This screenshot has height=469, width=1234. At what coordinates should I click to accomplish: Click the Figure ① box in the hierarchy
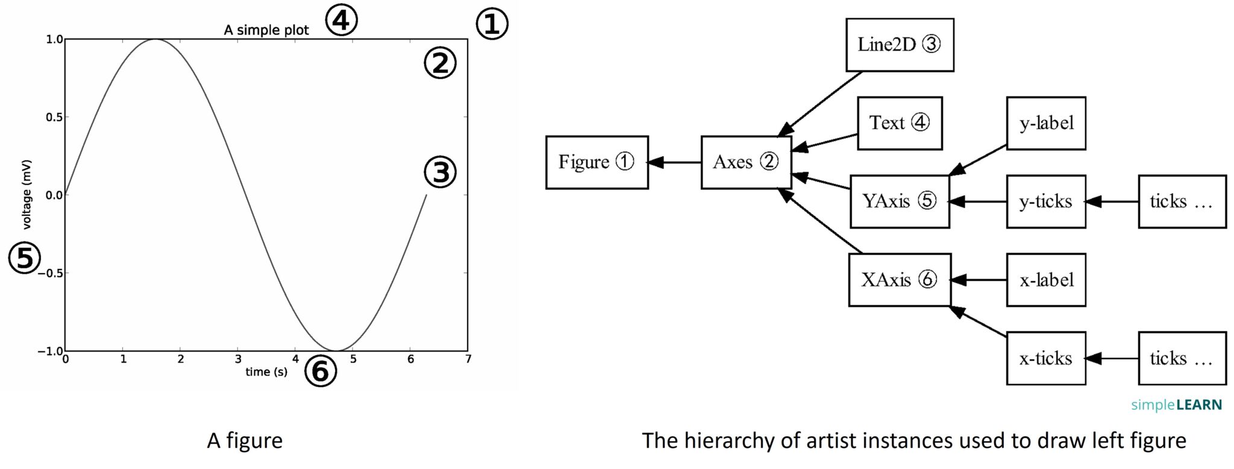[x=597, y=162]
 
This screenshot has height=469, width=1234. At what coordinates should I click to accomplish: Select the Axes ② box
[x=746, y=162]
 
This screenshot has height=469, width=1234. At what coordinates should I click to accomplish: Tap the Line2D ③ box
[x=899, y=45]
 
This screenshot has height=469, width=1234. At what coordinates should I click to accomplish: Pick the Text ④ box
[x=899, y=123]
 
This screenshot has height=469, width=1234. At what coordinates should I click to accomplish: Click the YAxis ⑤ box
[x=899, y=201]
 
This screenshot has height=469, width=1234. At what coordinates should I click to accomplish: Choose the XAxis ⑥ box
[x=899, y=280]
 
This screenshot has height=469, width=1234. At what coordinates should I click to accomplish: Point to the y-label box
[x=1045, y=123]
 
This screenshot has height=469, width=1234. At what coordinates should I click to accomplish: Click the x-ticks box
[x=1045, y=358]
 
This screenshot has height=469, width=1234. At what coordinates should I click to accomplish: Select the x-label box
[x=1045, y=280]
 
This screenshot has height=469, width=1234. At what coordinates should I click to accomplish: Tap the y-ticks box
[x=1045, y=201]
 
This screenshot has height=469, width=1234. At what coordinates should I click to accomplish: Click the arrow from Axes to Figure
[x=675, y=162]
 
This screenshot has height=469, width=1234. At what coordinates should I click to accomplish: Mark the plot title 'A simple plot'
[x=266, y=30]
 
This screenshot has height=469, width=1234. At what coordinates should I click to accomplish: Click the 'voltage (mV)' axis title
[x=27, y=194]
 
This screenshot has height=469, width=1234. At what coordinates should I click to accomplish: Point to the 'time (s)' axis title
[x=266, y=372]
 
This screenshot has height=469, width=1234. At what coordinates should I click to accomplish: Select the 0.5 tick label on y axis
[x=54, y=117]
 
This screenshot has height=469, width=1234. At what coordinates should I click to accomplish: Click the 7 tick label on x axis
[x=468, y=359]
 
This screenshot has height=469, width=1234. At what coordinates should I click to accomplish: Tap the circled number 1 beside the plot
[x=492, y=25]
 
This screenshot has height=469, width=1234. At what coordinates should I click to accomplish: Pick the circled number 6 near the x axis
[x=321, y=371]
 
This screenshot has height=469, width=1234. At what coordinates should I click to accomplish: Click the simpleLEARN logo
[x=1176, y=404]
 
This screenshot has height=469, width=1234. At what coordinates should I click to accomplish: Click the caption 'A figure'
[x=245, y=441]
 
